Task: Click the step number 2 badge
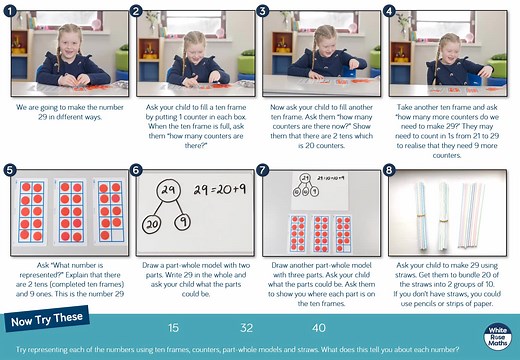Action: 138,12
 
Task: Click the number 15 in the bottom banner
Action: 173,328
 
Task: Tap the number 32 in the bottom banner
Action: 246,328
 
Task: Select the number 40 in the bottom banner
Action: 319,328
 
